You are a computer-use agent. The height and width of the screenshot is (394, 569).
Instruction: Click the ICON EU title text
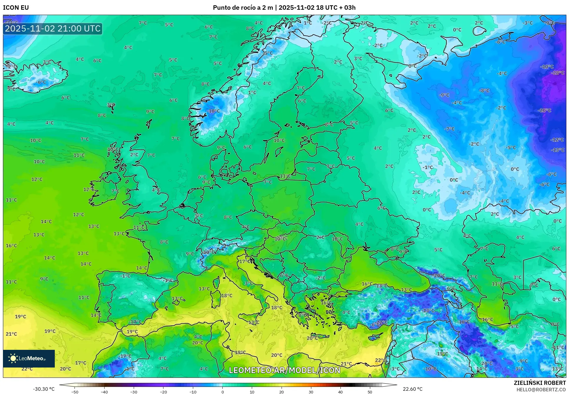pyautogui.click(x=16, y=8)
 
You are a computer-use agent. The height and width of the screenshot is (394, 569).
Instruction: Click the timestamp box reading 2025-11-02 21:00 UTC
pyautogui.click(x=53, y=29)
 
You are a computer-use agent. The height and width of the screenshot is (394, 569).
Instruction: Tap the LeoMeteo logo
pyautogui.click(x=29, y=358)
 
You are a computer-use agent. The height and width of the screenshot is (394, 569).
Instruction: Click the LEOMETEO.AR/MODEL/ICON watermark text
pyautogui.click(x=284, y=370)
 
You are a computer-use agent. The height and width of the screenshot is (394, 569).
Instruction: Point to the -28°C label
pyautogui.click(x=558, y=73)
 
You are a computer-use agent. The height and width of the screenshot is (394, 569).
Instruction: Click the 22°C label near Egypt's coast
pyautogui.click(x=380, y=360)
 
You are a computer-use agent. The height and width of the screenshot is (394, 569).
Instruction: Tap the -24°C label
pyautogui.click(x=487, y=363)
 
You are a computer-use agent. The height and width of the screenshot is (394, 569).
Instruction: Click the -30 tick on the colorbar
pyautogui.click(x=134, y=392)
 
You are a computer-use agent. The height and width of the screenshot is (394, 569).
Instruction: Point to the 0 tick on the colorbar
pyautogui.click(x=222, y=392)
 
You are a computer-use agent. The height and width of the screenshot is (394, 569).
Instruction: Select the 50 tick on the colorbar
pyautogui.click(x=370, y=392)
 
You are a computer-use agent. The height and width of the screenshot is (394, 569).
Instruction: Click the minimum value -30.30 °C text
pyautogui.click(x=44, y=389)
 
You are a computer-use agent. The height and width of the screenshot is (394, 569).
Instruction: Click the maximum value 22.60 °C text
pyautogui.click(x=413, y=389)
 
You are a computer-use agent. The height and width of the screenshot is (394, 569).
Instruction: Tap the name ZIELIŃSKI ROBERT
pyautogui.click(x=540, y=383)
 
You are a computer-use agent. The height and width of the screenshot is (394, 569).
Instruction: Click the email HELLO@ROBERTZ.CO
pyautogui.click(x=541, y=390)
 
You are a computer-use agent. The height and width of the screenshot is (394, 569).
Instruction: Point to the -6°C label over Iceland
pyautogui.click(x=41, y=82)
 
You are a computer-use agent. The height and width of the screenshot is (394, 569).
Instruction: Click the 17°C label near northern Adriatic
pyautogui.click(x=245, y=261)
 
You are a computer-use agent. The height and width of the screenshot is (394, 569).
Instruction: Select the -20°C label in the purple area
pyautogui.click(x=544, y=110)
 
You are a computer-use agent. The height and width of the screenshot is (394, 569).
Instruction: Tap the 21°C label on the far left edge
pyautogui.click(x=11, y=334)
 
